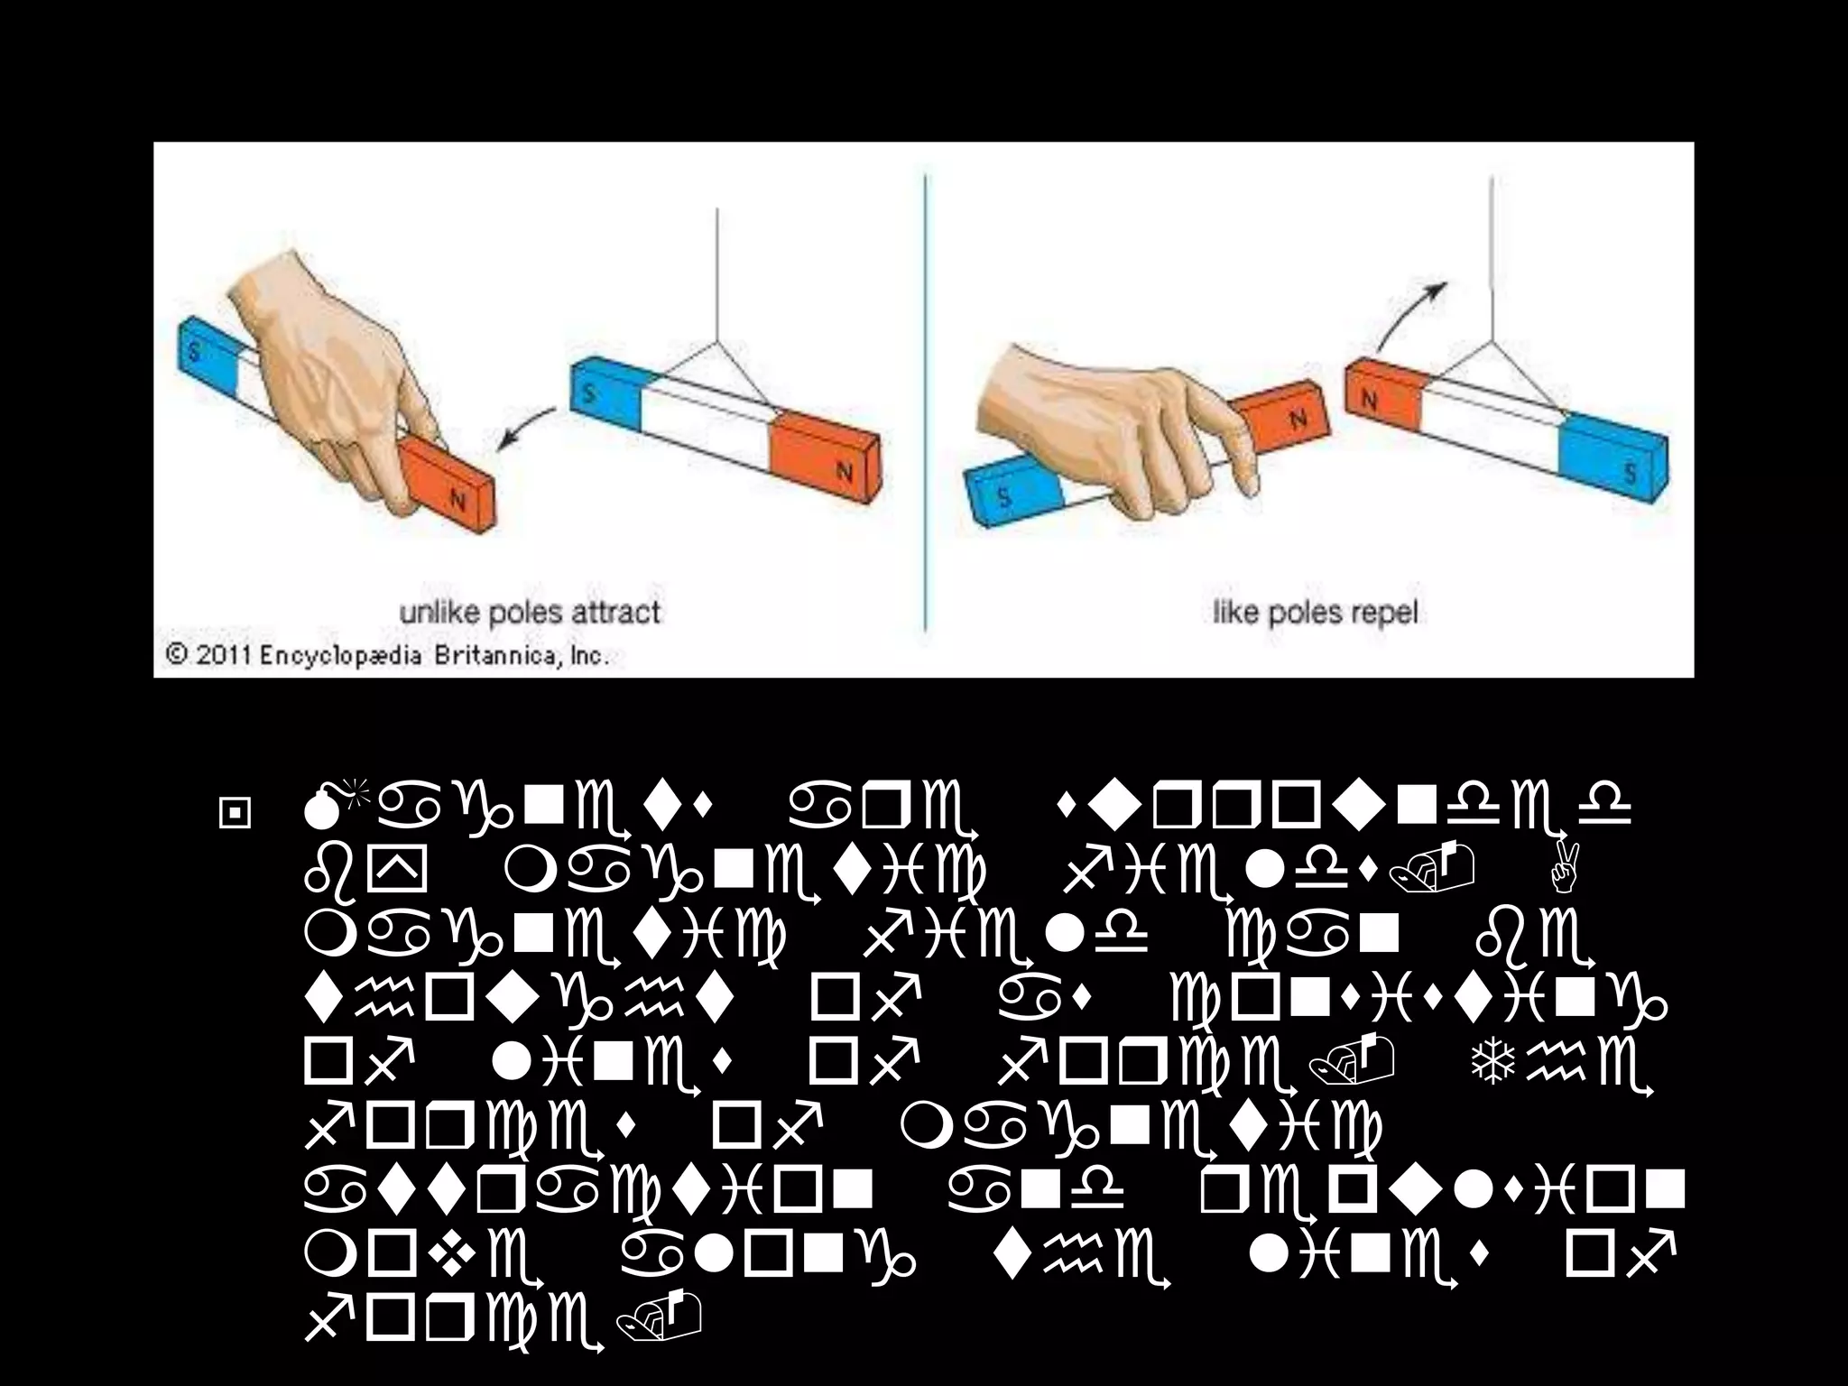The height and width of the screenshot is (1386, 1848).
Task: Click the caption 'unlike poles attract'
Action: click(531, 613)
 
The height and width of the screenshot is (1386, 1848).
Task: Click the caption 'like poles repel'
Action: click(1315, 614)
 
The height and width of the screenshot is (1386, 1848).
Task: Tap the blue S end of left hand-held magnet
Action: click(203, 356)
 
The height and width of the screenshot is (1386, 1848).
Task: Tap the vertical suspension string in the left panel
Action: click(717, 271)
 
